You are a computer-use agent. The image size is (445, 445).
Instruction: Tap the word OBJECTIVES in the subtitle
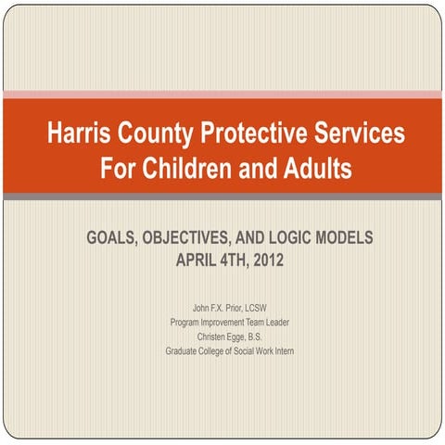pyautogui.click(x=197, y=237)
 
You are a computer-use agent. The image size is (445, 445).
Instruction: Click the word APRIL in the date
pyautogui.click(x=196, y=259)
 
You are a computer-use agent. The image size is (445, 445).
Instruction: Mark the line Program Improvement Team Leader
pyautogui.click(x=230, y=322)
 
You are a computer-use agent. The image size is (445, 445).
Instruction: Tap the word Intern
pyautogui.click(x=282, y=351)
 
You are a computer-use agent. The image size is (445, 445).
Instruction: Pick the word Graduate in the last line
pyautogui.click(x=184, y=351)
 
